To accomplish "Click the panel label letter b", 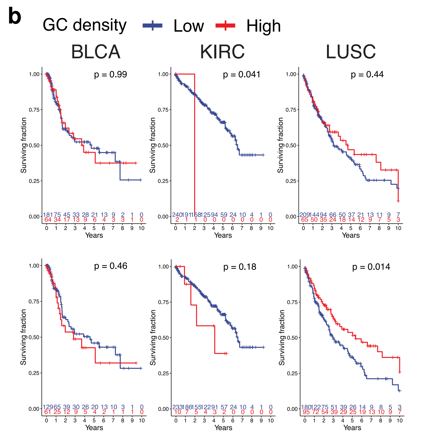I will [15, 17].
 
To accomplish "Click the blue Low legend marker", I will [152, 25].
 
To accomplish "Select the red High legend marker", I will [225, 25].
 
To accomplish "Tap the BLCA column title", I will [96, 52].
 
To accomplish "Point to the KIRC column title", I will [222, 52].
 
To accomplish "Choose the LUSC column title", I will [350, 52].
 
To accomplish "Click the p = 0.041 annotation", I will [242, 74].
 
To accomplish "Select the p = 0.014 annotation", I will [371, 267].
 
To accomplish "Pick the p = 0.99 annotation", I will [110, 74].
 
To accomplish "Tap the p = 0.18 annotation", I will [240, 267].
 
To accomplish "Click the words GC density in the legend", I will [84, 25].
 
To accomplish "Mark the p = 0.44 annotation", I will [367, 74].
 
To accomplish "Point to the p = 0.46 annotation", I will [110, 266].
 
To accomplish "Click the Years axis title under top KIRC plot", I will [223, 235].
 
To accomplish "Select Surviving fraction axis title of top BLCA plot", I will [23, 145].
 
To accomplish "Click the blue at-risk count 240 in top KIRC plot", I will [177, 215].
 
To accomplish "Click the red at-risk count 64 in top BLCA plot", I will [48, 220].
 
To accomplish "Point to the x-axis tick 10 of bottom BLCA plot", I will [142, 420].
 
